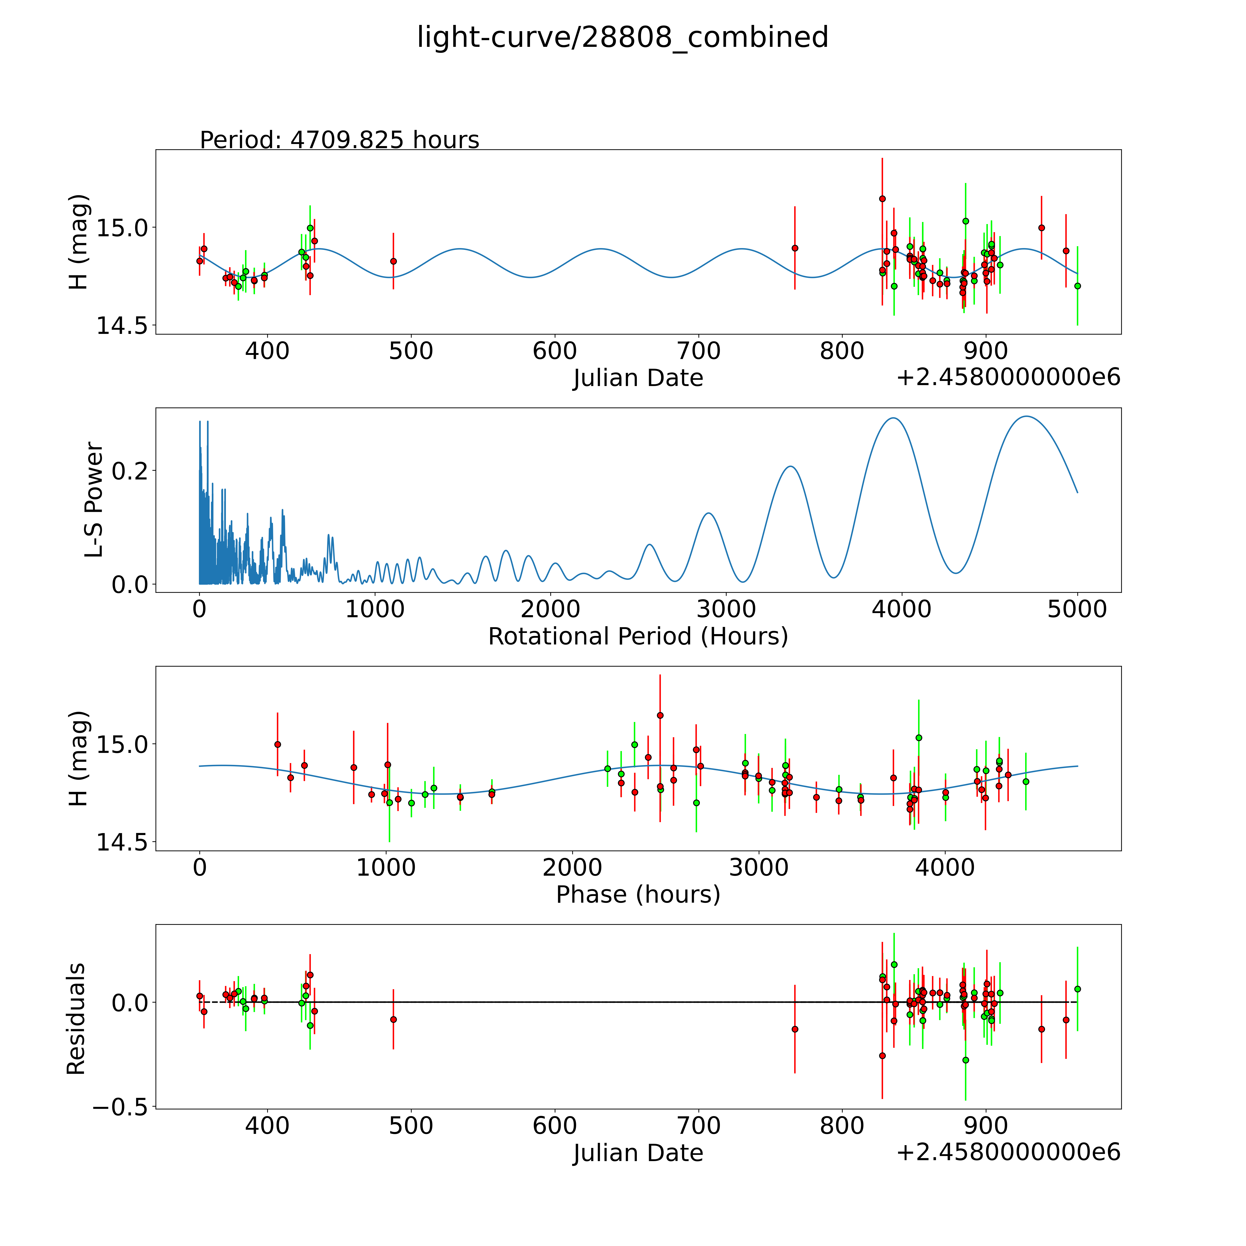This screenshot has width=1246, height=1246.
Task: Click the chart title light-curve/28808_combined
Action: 622,37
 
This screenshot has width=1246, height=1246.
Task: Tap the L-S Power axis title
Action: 94,500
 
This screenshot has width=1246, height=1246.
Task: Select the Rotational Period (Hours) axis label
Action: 638,637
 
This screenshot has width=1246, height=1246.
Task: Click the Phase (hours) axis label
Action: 638,895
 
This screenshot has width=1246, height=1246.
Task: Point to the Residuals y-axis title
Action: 76,1019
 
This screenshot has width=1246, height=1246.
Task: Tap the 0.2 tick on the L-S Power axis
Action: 130,470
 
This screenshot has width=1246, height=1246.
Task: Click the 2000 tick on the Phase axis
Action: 572,867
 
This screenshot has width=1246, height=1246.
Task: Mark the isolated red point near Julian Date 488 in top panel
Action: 393,261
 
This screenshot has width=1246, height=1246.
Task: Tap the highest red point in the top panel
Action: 882,199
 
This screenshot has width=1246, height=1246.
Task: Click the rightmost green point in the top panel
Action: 1077,286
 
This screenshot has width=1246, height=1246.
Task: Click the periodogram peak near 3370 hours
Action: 790,466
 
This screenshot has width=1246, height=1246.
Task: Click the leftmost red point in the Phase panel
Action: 277,744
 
